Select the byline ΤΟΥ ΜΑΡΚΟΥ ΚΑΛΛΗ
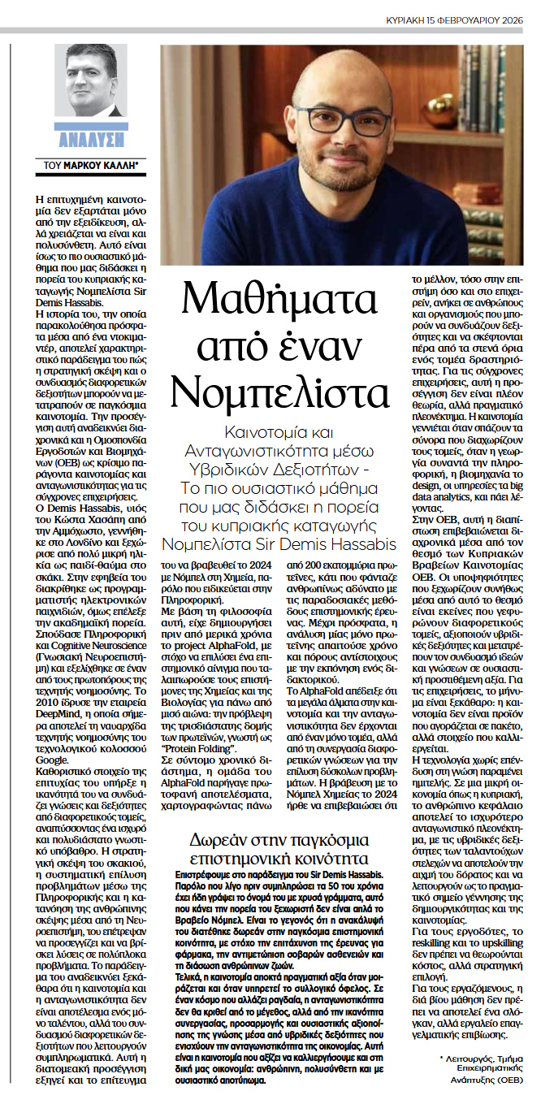point(92,165)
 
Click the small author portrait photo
point(90,82)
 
